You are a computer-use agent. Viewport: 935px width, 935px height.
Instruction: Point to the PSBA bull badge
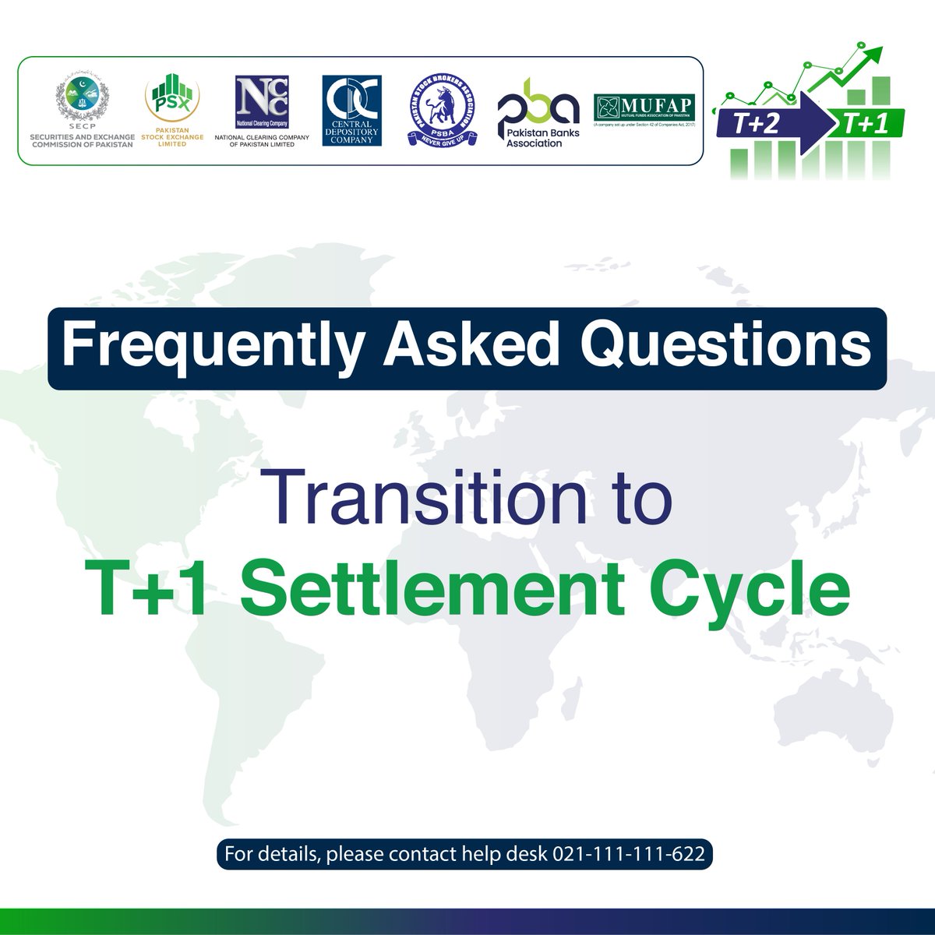[x=442, y=110]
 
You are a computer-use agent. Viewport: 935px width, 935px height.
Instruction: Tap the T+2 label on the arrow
[x=756, y=123]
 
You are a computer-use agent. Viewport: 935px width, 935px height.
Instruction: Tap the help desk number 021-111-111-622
[x=629, y=853]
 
